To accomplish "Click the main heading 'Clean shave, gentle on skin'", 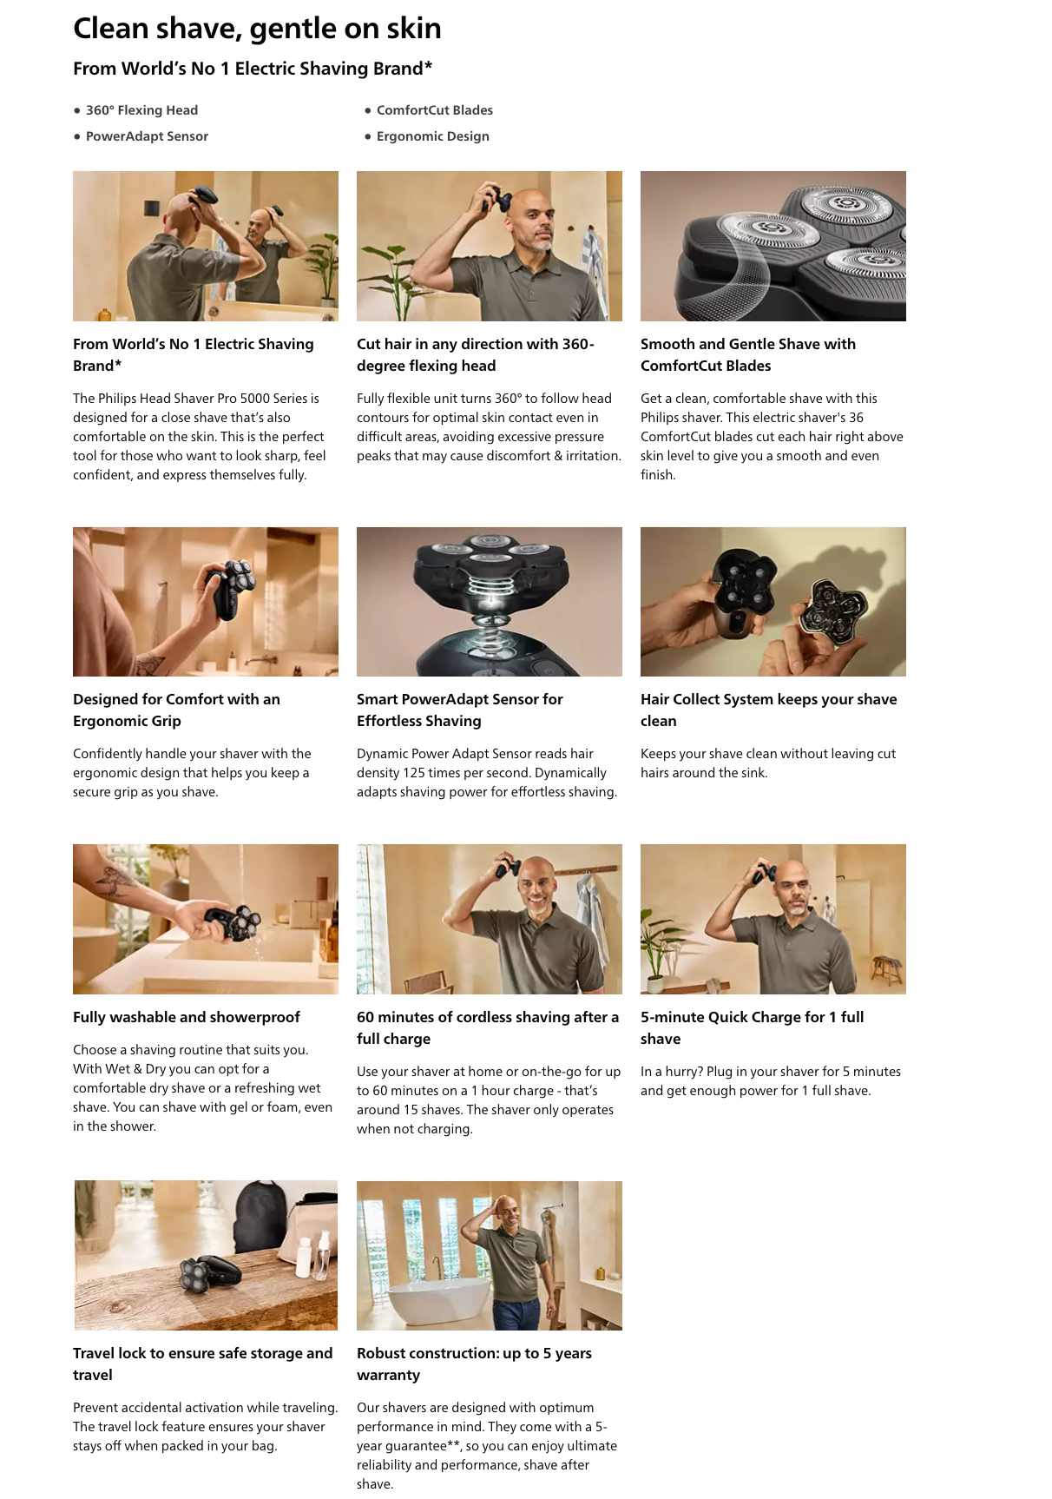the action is point(257,29).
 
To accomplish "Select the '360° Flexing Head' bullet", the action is point(141,110).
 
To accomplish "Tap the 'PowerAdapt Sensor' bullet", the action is point(147,136).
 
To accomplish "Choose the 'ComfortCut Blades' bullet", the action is point(434,110).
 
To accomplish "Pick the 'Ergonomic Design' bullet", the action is point(432,136).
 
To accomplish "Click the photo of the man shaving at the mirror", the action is point(206,246).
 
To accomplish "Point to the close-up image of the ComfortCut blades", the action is point(773,246).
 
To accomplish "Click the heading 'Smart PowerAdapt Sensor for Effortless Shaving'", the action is point(460,710).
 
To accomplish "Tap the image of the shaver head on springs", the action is point(490,602).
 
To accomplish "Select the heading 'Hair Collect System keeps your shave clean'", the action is point(768,710).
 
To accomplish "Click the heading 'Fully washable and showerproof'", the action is point(187,1017).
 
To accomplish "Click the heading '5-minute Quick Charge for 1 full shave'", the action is point(752,1027).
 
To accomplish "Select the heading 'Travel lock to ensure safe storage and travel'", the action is point(202,1364).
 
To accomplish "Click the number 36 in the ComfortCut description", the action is point(856,418).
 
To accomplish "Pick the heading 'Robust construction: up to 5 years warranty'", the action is point(474,1364).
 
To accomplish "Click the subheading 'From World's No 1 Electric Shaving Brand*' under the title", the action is point(253,69).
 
